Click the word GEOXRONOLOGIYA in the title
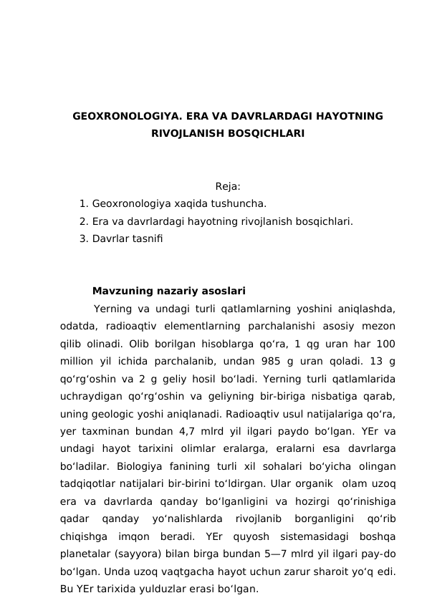click(124, 116)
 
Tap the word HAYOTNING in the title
click(346, 116)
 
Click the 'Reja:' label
click(228, 188)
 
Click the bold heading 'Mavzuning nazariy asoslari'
click(169, 291)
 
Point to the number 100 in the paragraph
click(385, 344)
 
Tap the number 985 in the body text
click(259, 361)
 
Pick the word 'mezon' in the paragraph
click(380, 327)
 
